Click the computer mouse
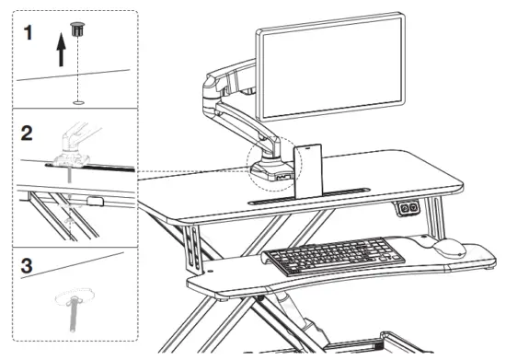pyautogui.click(x=448, y=247)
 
